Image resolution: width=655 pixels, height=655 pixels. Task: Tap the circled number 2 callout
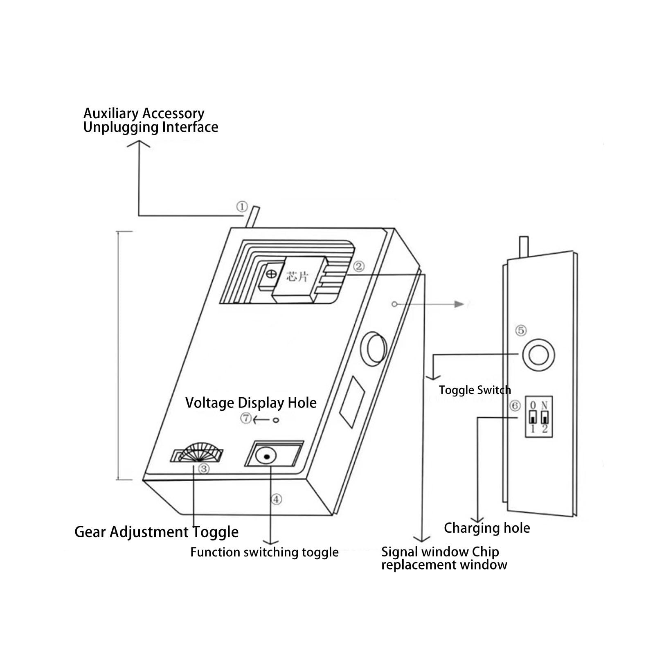point(359,266)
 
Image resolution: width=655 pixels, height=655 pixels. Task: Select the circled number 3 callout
point(204,468)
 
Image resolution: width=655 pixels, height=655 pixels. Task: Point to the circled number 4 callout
point(277,499)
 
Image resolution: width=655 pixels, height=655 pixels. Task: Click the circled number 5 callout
point(521,331)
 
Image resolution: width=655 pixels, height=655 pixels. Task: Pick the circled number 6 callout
point(515,406)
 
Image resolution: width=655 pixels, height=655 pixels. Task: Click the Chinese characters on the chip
point(297,277)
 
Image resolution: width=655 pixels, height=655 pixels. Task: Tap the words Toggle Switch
point(475,390)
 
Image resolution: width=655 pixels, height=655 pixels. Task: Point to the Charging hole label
point(487,528)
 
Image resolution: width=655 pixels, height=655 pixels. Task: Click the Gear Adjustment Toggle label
point(156,532)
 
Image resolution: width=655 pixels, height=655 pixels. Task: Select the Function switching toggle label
point(264,552)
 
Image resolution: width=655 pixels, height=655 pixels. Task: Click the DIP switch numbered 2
point(545,418)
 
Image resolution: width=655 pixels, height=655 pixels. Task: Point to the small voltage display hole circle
point(276,420)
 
